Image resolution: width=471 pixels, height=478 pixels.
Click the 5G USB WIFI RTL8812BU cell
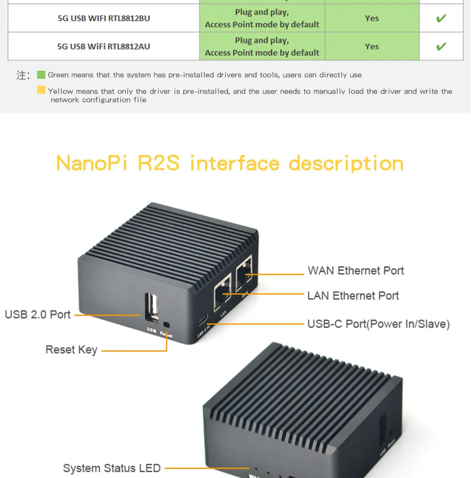tap(104, 18)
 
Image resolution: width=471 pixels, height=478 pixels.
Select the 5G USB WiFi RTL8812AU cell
tap(104, 47)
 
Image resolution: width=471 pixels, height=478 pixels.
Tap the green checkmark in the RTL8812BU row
tap(441, 19)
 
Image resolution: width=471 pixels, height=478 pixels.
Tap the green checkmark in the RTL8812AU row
tap(441, 47)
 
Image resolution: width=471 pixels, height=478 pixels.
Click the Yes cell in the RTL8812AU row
tap(372, 47)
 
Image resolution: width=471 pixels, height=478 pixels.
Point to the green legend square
tap(41, 75)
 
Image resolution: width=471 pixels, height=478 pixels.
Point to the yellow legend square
tap(41, 90)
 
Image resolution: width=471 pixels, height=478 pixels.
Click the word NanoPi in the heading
tap(92, 163)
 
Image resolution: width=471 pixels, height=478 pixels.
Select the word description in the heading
tap(346, 163)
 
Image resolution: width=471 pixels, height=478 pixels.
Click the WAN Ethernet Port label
tap(356, 271)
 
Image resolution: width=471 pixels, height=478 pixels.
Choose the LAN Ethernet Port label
tap(353, 295)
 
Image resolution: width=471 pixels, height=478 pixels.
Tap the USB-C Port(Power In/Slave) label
tap(378, 324)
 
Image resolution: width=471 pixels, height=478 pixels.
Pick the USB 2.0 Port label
tap(38, 314)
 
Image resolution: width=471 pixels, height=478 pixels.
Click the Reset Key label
tap(71, 350)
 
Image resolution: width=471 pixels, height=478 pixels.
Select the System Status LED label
tap(112, 468)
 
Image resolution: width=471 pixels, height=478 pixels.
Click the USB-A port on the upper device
tap(151, 308)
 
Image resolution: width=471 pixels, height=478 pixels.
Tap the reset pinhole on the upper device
tap(166, 325)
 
